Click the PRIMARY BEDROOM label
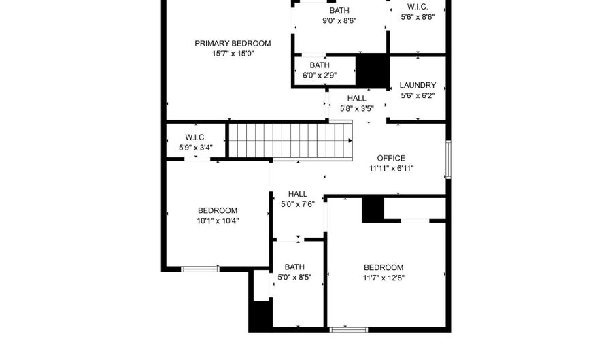(x=233, y=44)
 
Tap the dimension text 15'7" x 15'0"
(x=233, y=54)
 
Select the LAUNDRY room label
(x=418, y=85)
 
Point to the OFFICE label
(x=391, y=158)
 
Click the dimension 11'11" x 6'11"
(x=392, y=169)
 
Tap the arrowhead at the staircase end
(x=350, y=141)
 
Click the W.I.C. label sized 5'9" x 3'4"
(x=196, y=137)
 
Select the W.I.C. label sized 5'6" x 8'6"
(x=418, y=7)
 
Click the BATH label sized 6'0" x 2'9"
(x=320, y=65)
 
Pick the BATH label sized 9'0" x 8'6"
(x=339, y=10)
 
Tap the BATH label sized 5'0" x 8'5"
(x=294, y=267)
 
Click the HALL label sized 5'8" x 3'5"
(x=357, y=99)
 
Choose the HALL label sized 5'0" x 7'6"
(x=298, y=194)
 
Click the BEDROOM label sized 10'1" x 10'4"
(x=218, y=210)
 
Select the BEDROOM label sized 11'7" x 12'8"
(x=384, y=268)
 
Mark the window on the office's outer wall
(x=449, y=160)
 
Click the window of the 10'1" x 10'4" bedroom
(x=200, y=269)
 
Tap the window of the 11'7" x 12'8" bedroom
(x=349, y=330)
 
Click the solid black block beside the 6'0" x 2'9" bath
(x=373, y=71)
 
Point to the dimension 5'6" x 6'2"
(x=418, y=96)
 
